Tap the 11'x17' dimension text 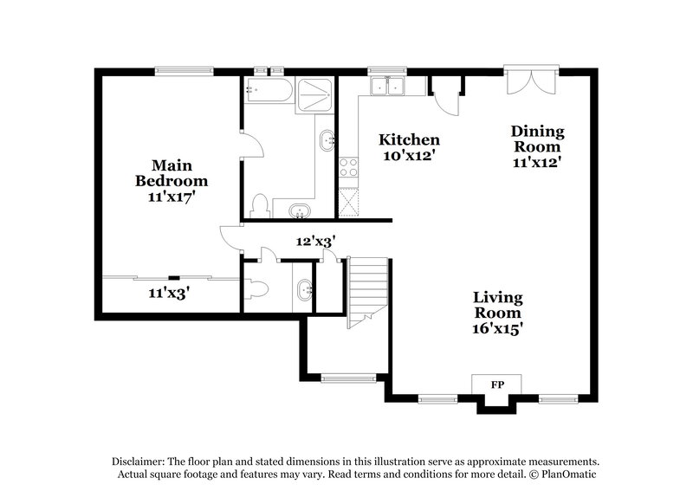tap(170, 197)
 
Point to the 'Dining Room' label tap(537, 139)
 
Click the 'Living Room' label tap(496, 305)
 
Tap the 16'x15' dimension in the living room tap(496, 329)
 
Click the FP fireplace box tap(497, 384)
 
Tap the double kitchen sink tap(387, 86)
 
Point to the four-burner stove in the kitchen tap(349, 168)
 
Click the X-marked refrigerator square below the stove tap(350, 201)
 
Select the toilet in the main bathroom tap(258, 205)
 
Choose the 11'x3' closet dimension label tap(169, 293)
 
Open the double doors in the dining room tap(528, 82)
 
